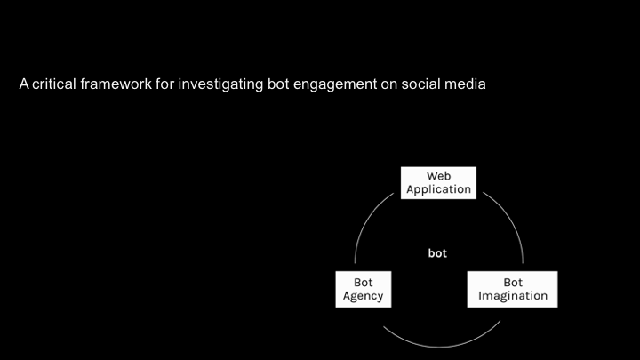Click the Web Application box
438,182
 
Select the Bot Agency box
363,289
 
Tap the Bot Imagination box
512,289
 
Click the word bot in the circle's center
437,253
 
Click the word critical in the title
55,85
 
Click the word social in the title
422,85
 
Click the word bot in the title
268,85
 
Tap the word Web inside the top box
438,176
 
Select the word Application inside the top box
438,189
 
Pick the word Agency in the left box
363,296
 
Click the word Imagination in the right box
512,296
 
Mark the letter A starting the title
24,85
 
